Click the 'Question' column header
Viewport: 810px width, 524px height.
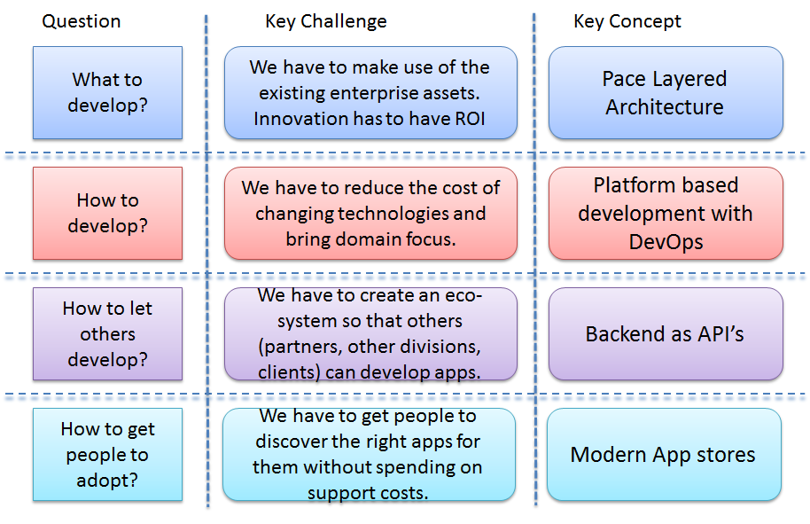coord(82,21)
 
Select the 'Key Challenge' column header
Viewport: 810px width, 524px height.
coord(326,21)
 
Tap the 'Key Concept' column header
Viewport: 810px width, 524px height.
coord(627,21)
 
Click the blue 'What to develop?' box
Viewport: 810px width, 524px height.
coord(107,93)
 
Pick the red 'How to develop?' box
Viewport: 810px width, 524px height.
coord(107,213)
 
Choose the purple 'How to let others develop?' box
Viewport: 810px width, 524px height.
coord(107,334)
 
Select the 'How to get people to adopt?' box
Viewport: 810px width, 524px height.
coord(107,455)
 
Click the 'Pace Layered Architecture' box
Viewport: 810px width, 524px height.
coord(666,93)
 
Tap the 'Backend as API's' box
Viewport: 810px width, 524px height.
coord(666,334)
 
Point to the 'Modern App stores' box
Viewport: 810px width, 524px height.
coord(665,455)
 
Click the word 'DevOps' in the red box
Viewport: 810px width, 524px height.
coord(666,242)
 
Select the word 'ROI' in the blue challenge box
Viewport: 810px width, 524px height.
coord(470,119)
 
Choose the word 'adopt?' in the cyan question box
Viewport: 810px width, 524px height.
coord(107,481)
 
